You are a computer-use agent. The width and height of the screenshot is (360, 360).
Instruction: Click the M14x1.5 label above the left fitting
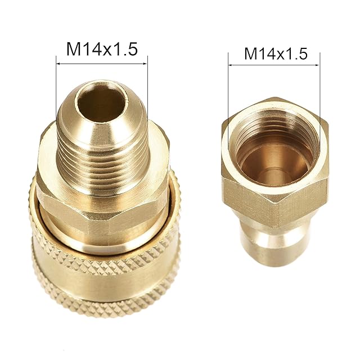102,49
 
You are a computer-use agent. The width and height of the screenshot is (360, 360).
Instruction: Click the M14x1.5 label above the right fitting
276,54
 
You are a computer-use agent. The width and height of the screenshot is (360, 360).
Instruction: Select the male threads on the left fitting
102,165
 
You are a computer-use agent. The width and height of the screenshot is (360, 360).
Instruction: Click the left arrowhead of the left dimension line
58,64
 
